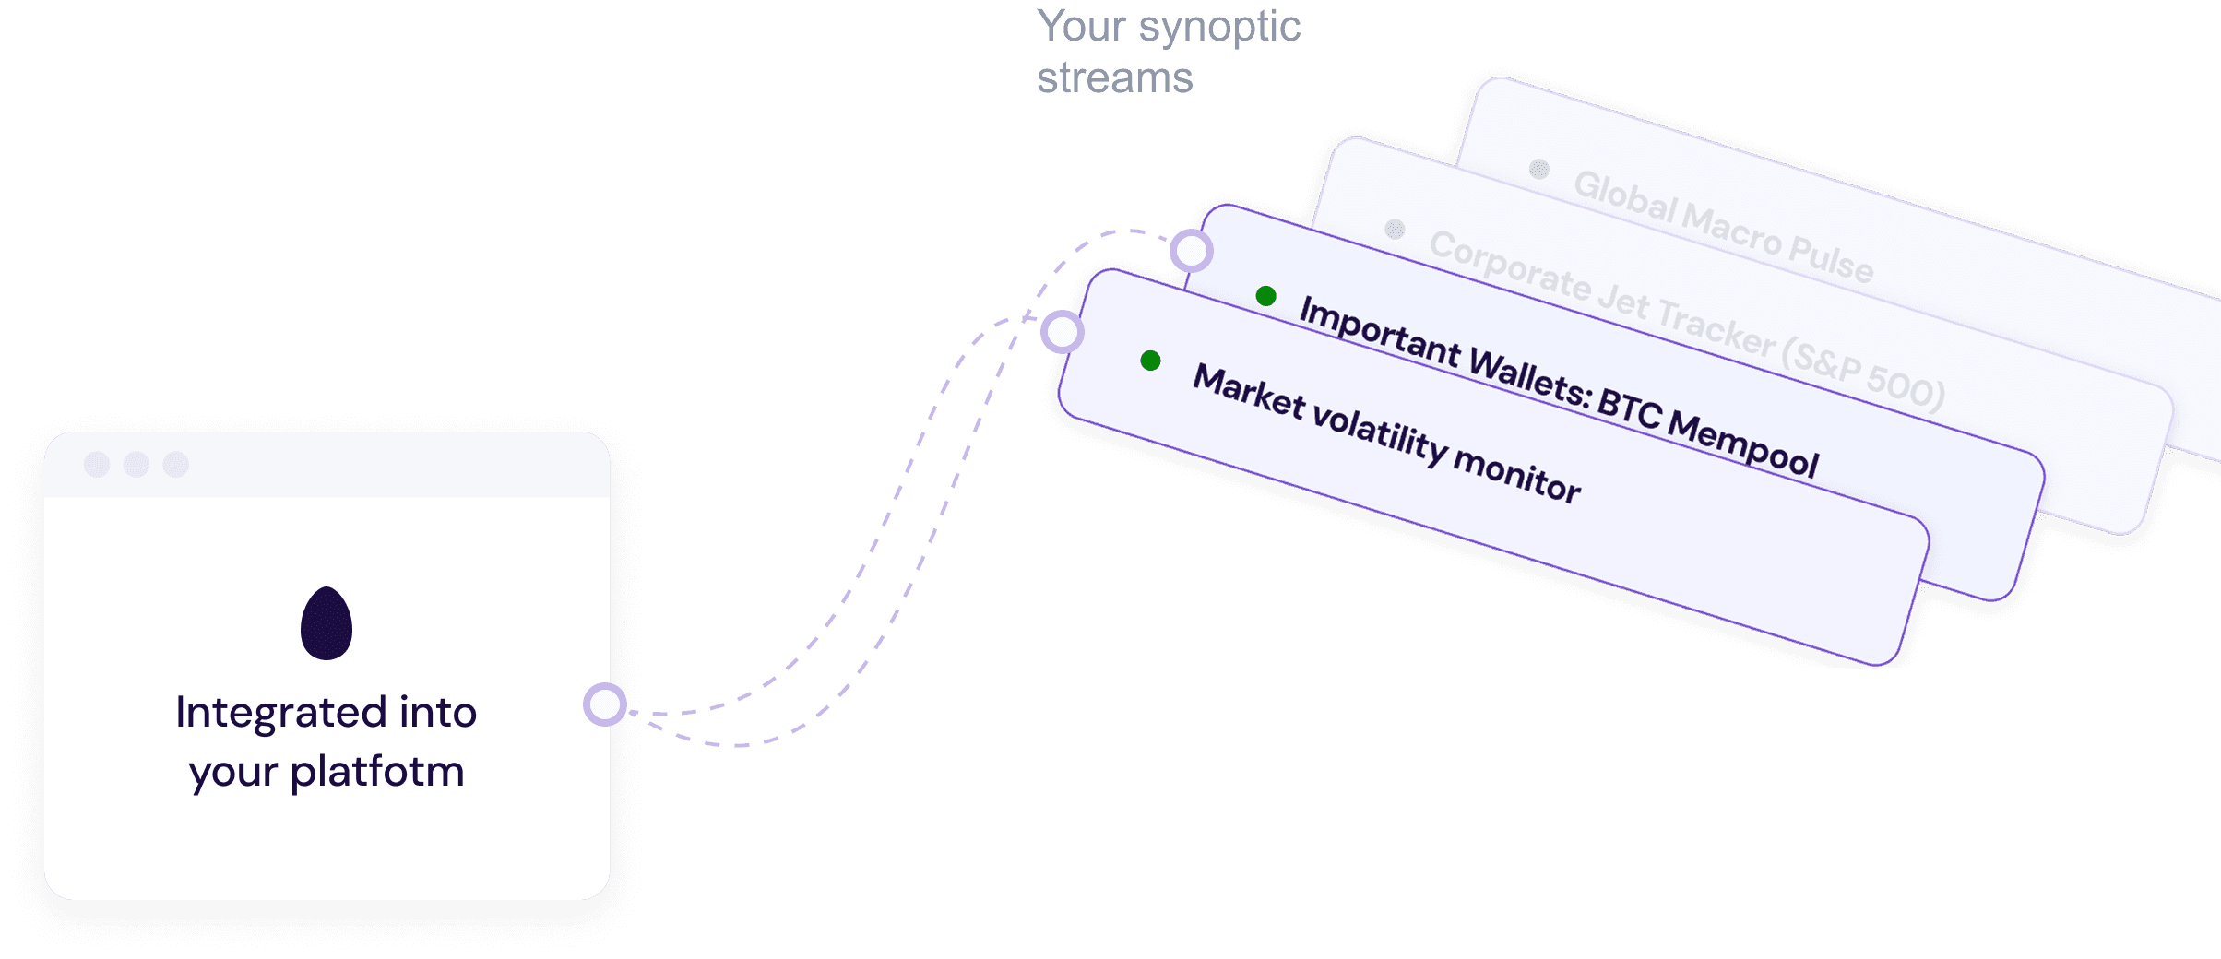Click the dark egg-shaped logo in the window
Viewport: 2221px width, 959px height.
click(327, 624)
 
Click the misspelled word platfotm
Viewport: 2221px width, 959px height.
click(376, 772)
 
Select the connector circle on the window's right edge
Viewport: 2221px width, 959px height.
click(605, 704)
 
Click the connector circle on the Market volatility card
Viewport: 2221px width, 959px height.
click(1062, 332)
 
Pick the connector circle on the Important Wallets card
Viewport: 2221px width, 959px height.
click(1191, 250)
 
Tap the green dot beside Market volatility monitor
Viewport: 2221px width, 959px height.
click(1150, 361)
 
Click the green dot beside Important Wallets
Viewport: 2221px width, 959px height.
click(1266, 296)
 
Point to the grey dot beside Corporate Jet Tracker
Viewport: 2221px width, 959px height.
click(1395, 229)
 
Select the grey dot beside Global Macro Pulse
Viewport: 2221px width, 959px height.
click(1538, 169)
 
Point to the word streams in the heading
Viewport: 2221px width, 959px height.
click(1114, 78)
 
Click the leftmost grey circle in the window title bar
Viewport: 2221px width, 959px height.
click(97, 465)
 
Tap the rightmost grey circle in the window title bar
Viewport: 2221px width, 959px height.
click(176, 465)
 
